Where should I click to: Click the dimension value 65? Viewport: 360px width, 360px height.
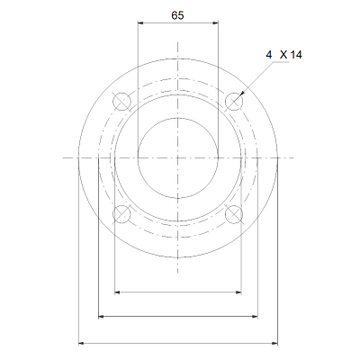(x=177, y=15)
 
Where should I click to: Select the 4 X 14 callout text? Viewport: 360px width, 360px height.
(x=284, y=55)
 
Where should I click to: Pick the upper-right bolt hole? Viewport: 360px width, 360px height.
(x=235, y=100)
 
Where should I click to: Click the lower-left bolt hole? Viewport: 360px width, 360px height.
(x=121, y=214)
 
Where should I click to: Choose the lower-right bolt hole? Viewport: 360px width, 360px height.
(x=235, y=214)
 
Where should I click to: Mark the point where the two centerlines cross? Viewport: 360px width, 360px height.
(x=178, y=157)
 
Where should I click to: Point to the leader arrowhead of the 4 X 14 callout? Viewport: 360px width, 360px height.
(x=240, y=95)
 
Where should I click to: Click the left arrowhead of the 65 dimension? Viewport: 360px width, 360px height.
(x=139, y=25)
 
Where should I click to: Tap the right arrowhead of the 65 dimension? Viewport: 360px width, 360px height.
(x=216, y=25)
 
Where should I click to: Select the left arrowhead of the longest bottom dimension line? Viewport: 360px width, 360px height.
(x=82, y=343)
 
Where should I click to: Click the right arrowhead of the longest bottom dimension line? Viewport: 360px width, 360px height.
(x=274, y=343)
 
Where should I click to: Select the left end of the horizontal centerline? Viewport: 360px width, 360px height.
(x=63, y=157)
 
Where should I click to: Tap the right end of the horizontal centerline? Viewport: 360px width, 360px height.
(x=294, y=157)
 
